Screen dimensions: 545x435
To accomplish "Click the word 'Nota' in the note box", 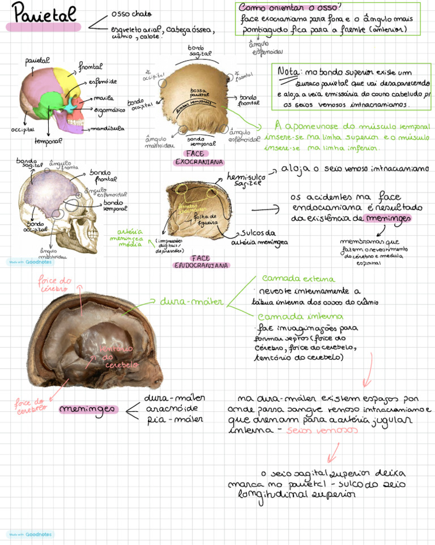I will [289, 72].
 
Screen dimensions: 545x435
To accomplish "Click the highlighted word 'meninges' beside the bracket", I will [88, 409].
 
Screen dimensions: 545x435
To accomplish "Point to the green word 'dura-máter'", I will [185, 301].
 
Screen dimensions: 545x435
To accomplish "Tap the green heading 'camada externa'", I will [298, 279].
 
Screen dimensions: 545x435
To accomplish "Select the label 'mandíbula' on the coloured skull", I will [108, 129].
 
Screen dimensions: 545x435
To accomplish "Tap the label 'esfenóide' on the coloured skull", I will [103, 82].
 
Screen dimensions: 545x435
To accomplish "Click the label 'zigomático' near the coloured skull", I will [109, 110].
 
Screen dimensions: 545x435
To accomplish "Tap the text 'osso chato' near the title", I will [131, 14].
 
